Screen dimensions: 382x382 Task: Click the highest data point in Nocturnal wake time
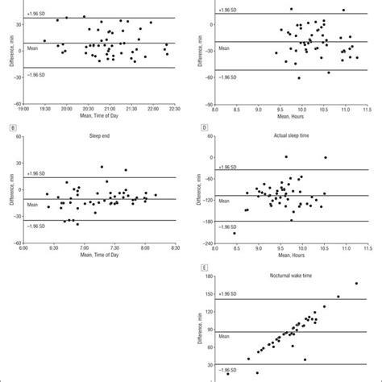[x=355, y=283]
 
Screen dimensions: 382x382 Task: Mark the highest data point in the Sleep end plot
[x=102, y=167]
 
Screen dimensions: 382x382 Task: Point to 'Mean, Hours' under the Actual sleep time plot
[x=291, y=258]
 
